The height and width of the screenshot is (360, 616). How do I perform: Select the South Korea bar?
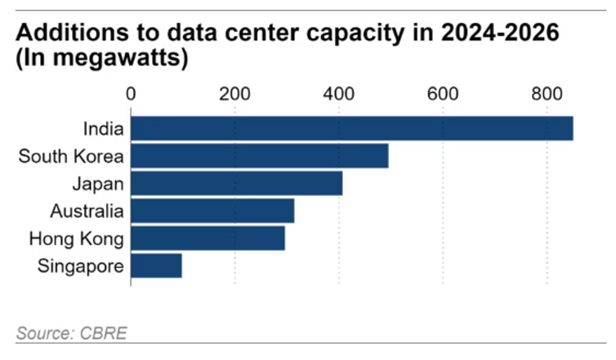pos(259,156)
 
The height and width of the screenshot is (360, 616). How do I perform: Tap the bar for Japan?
pos(236,184)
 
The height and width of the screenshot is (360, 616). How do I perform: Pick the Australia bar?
pos(212,211)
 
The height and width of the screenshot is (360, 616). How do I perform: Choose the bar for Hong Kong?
pos(207,238)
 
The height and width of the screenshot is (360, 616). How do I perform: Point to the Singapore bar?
pos(156,266)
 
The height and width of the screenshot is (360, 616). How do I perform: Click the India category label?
pos(103,129)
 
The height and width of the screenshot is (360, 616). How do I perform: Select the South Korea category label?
pos(71,156)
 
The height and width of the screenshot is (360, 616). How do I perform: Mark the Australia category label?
pos(87,211)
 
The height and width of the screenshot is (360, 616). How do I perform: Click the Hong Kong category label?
pos(76,239)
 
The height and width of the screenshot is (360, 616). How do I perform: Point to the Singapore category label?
pos(81,266)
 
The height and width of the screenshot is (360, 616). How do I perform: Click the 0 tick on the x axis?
pos(131,95)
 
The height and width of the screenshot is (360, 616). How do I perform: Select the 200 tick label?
pos(235,95)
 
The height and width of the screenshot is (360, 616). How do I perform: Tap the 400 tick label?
pos(339,95)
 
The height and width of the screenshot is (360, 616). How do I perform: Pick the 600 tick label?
pos(443,95)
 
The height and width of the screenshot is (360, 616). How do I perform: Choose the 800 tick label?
pos(547,95)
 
